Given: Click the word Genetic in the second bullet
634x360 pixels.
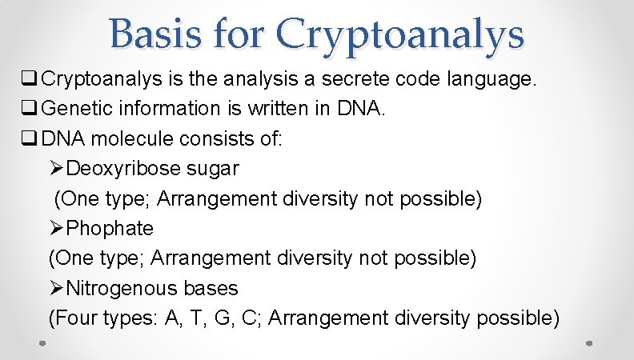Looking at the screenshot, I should [x=74, y=109].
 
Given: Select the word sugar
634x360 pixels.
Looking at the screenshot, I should [x=214, y=169].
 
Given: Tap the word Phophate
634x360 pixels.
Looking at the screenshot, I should [x=110, y=229].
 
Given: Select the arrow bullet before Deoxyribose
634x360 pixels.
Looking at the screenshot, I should [x=57, y=169].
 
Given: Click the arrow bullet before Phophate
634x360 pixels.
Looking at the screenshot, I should [x=57, y=229].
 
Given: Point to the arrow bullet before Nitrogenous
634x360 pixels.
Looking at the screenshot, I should [x=57, y=288].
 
